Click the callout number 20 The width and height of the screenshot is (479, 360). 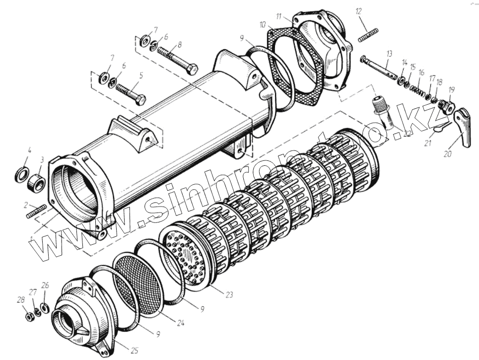(447, 154)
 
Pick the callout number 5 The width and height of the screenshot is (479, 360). (141, 76)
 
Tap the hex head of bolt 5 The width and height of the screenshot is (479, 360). (140, 99)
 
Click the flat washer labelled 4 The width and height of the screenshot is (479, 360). (21, 174)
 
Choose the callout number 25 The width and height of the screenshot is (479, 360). (134, 350)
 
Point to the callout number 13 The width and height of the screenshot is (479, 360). (389, 53)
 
